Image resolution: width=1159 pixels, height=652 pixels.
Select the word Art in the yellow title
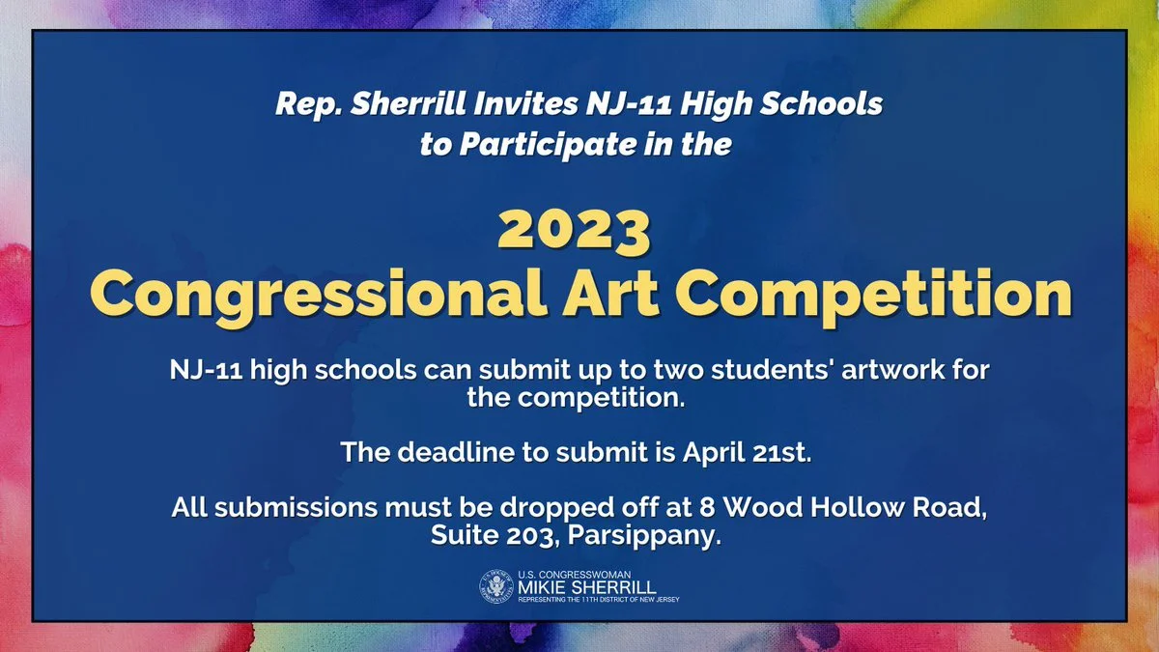pyautogui.click(x=610, y=293)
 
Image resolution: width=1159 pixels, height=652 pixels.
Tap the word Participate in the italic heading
pyautogui.click(x=548, y=144)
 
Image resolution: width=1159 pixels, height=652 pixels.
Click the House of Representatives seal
pyautogui.click(x=496, y=586)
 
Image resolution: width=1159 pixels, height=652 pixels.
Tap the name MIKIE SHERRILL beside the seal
pyautogui.click(x=587, y=587)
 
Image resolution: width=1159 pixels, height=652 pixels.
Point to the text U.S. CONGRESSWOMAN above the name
pyautogui.click(x=575, y=575)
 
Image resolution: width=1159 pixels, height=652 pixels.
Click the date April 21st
pyautogui.click(x=748, y=453)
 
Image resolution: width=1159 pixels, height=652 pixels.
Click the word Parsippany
pyautogui.click(x=644, y=536)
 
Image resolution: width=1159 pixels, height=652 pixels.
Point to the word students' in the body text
pyautogui.click(x=773, y=369)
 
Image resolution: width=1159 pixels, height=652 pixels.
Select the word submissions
pyautogui.click(x=296, y=507)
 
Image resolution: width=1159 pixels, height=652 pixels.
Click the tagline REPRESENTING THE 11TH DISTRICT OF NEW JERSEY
pyautogui.click(x=599, y=600)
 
